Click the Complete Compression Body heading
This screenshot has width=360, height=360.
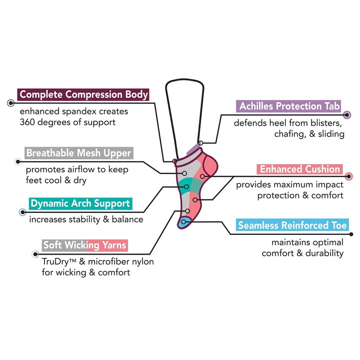point(83,94)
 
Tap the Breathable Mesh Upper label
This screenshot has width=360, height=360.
point(78,153)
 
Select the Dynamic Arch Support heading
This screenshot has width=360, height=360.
point(79,203)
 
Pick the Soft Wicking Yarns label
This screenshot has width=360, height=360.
point(85,245)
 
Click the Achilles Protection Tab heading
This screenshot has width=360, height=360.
point(290,106)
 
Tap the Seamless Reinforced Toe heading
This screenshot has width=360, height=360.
point(292,225)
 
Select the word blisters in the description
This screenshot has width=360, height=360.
point(328,123)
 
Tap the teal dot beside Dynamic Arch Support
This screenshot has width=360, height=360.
point(22,212)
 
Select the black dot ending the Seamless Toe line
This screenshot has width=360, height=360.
point(351,234)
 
